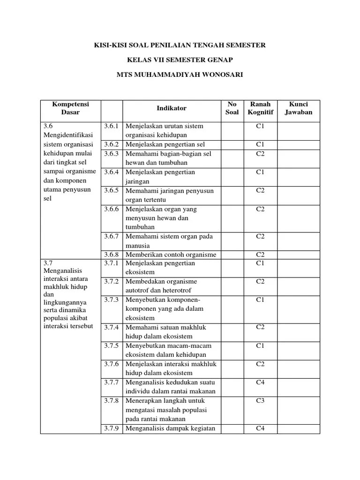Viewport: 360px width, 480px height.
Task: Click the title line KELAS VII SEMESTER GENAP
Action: (x=180, y=60)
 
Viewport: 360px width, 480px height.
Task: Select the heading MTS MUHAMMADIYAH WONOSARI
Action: (x=180, y=74)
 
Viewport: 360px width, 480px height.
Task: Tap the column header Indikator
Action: (x=171, y=108)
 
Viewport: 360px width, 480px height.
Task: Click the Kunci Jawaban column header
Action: (x=298, y=108)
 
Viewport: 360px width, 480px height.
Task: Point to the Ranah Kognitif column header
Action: (x=260, y=108)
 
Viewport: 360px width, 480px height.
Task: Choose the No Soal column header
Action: (x=232, y=108)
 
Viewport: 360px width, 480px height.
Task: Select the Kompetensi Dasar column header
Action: (x=70, y=108)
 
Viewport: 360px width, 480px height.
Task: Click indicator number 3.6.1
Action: (x=112, y=127)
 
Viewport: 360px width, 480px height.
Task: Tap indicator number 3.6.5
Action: (x=112, y=191)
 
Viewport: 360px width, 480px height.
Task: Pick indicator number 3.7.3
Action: (x=112, y=300)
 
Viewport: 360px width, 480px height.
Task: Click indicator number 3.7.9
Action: (x=112, y=428)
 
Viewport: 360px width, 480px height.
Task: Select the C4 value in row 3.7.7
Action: (x=260, y=382)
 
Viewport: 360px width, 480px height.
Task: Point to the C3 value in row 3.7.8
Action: (x=260, y=401)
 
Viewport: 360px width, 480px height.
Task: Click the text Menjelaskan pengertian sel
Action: (x=165, y=144)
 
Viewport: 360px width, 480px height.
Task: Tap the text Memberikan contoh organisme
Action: (x=171, y=255)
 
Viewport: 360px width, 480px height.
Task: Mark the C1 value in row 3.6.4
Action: (x=260, y=172)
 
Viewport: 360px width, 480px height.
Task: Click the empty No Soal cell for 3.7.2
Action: (x=232, y=286)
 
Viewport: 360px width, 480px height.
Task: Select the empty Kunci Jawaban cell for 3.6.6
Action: (x=298, y=218)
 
